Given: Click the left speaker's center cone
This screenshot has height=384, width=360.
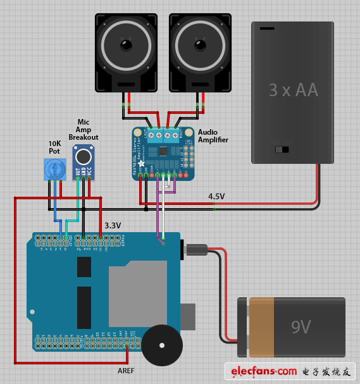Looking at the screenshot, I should coord(126,46).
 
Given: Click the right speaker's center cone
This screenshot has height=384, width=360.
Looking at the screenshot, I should coord(199,46).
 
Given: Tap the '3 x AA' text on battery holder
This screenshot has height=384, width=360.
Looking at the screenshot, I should coord(293,90).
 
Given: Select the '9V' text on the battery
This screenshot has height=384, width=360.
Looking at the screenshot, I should coord(301,327).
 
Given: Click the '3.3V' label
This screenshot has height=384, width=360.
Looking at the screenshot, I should coord(113,225).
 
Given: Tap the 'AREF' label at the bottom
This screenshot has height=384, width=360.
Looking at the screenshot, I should coord(126,370).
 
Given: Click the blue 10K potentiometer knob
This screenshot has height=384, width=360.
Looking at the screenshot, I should coord(55,169).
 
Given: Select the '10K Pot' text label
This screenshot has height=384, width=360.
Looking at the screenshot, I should coord(55,147).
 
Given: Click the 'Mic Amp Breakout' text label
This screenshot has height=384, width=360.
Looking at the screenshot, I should coord(84,130).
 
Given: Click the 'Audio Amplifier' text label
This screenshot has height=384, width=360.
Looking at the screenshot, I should coord(213,136).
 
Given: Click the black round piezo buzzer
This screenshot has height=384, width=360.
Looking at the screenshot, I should coord(161,346).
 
